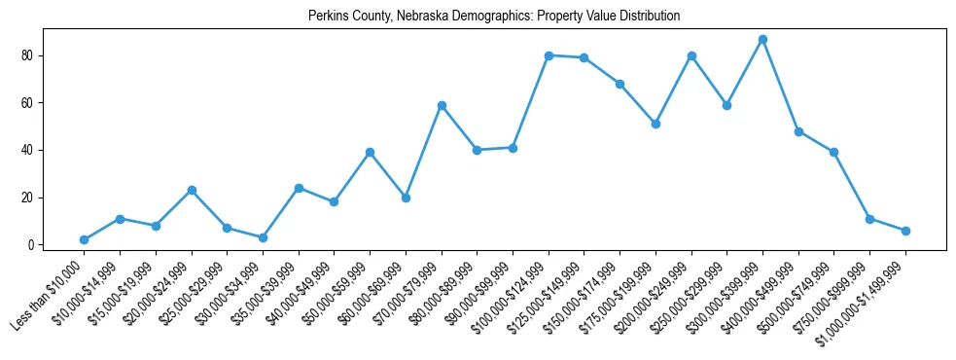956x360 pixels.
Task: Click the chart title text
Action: click(x=494, y=17)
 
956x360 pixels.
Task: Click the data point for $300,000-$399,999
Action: click(x=762, y=40)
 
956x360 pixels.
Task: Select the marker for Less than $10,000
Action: click(x=84, y=239)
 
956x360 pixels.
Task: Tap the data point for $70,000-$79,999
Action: click(x=442, y=105)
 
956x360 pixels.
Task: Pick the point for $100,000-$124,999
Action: click(x=549, y=55)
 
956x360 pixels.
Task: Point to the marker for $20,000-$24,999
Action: click(x=192, y=190)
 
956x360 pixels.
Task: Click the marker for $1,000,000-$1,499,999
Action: click(x=905, y=231)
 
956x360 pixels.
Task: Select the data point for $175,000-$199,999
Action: click(x=655, y=124)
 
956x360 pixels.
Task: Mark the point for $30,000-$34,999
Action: click(x=263, y=237)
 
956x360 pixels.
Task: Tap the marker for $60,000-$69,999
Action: click(x=406, y=198)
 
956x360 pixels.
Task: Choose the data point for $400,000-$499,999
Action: click(x=798, y=131)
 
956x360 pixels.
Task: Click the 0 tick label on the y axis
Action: click(x=30, y=245)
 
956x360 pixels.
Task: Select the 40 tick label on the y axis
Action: click(x=27, y=150)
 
